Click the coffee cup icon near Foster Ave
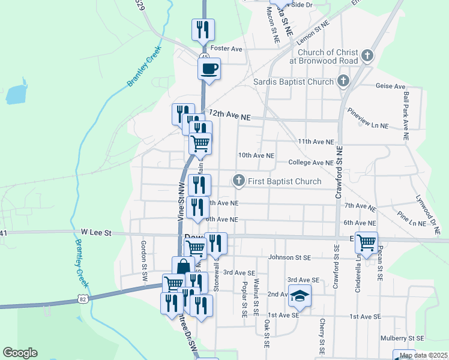(209, 68)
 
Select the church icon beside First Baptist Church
(239, 181)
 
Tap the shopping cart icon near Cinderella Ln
(366, 242)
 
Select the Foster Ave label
(226, 49)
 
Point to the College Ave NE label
(310, 163)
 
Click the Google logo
(20, 353)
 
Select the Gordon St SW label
(144, 254)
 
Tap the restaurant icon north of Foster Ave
(203, 29)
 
